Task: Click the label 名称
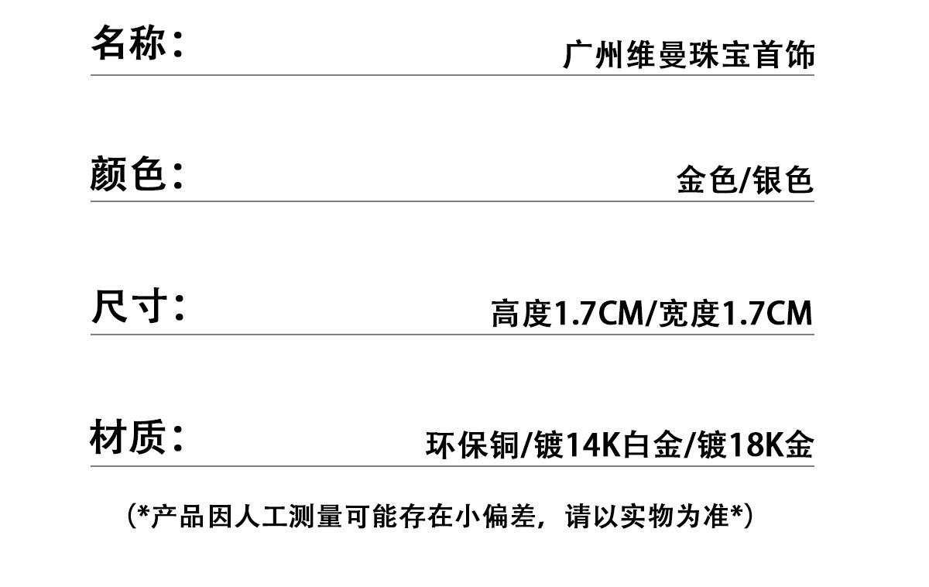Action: (129, 43)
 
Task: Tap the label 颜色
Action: (128, 173)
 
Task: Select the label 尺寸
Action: (129, 306)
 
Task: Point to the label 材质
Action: (128, 437)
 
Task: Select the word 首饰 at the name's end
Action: (783, 55)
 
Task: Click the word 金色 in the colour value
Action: (707, 180)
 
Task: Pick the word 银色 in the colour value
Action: (783, 180)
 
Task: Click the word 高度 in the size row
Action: (521, 313)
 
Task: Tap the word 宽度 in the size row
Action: (688, 313)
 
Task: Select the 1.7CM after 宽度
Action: (767, 313)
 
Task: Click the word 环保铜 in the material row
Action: (472, 445)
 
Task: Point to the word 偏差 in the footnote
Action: (509, 517)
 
